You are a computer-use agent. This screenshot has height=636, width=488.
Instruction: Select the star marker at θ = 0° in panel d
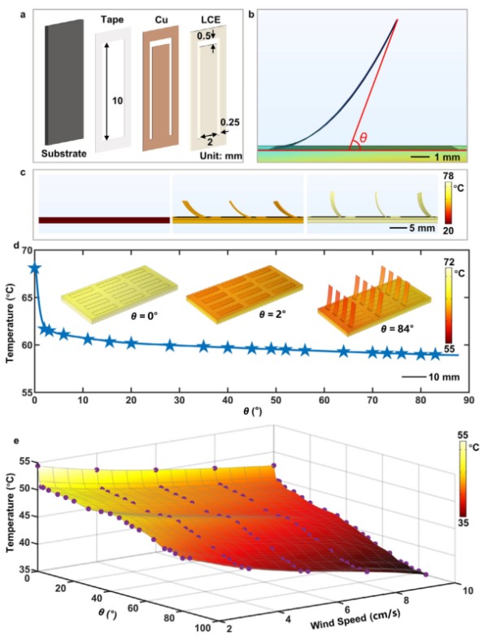[34, 268]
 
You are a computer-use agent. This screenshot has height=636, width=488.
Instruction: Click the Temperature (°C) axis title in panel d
[11, 323]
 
